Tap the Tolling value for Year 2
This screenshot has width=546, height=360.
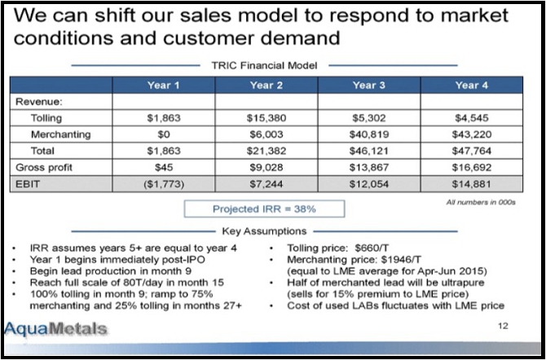pos(266,118)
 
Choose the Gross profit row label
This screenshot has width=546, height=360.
pos(42,167)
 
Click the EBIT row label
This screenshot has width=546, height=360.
pos(29,184)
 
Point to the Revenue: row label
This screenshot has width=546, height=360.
pos(39,102)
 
